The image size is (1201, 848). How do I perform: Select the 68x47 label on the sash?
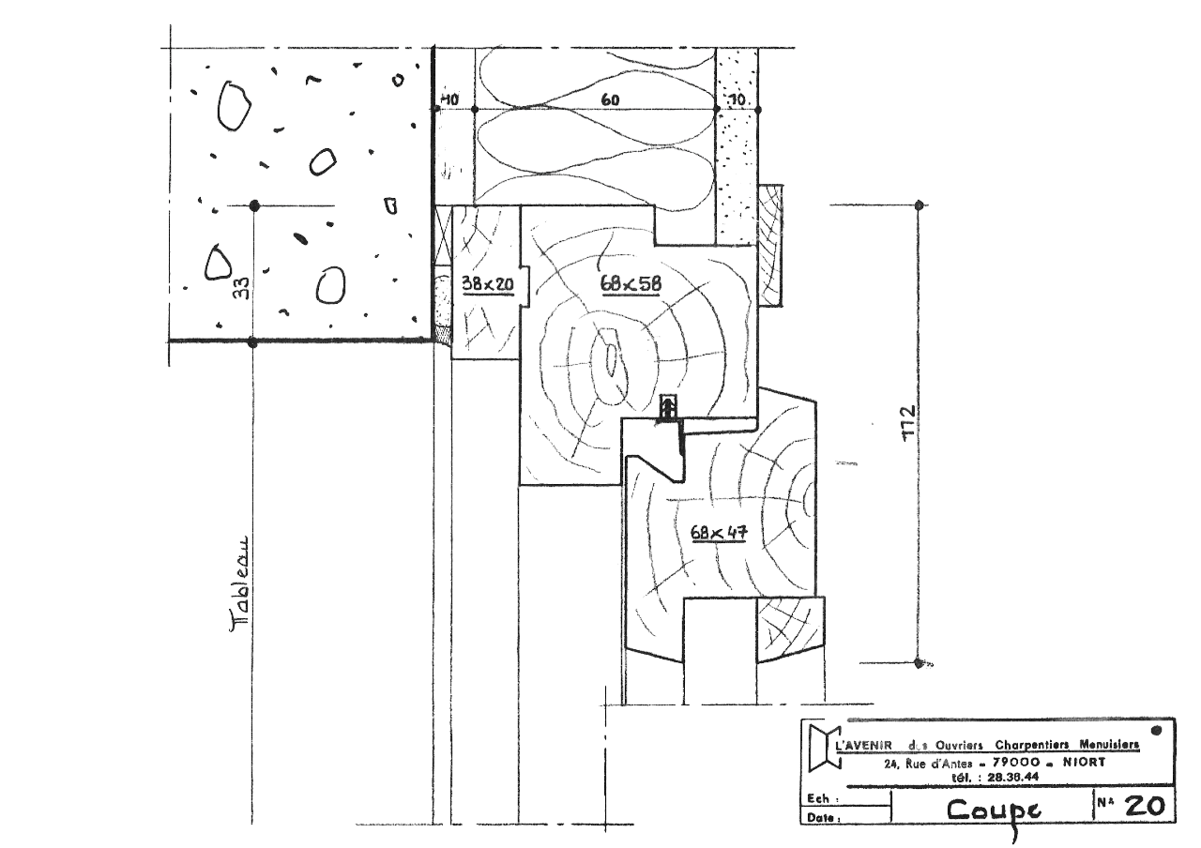pos(718,533)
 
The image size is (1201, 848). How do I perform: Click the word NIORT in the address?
pos(1084,763)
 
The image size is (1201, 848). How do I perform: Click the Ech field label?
pos(818,800)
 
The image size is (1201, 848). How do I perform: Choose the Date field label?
pos(821,818)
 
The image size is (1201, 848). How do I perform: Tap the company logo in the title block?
pos(821,744)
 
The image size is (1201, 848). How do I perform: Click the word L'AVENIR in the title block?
pos(863,745)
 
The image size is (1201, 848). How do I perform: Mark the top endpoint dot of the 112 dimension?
pos(920,204)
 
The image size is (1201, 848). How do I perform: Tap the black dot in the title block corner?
pos(1156,729)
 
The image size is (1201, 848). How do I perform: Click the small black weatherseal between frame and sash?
pos(669,409)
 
